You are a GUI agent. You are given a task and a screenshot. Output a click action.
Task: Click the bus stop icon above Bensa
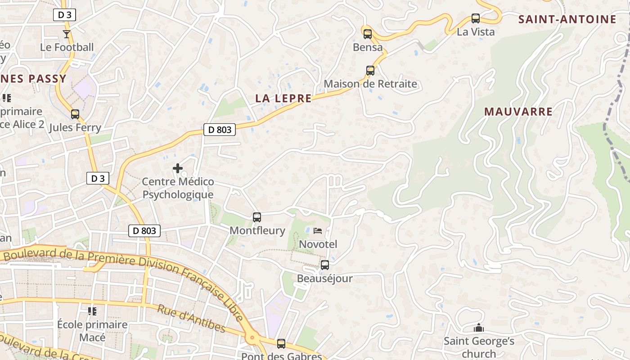(368, 34)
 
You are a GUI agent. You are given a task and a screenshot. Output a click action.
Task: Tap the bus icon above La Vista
(476, 18)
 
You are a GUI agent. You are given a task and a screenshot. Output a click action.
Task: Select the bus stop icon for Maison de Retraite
(370, 71)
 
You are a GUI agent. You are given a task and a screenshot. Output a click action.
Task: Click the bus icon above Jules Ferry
(75, 114)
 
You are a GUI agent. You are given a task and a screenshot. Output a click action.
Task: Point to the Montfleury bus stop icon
(257, 217)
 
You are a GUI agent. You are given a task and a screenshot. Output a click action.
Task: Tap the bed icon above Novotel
(318, 231)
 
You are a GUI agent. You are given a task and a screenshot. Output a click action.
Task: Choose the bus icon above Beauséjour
(325, 265)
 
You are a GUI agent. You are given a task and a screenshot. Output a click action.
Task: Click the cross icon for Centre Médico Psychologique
(178, 169)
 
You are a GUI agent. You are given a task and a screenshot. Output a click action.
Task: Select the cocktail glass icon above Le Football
(67, 34)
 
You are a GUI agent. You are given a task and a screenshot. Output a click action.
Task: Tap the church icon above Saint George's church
(479, 328)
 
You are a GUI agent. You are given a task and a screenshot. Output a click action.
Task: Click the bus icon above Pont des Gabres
(281, 344)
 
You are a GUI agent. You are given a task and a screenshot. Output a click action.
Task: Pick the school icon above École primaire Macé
(92, 311)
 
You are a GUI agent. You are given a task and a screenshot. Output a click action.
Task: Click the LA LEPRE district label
(283, 99)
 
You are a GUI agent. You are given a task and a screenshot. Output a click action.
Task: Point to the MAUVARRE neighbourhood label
(518, 112)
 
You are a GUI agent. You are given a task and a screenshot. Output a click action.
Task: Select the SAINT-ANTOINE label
(567, 19)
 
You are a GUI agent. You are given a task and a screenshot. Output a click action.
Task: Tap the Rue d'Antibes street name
(191, 318)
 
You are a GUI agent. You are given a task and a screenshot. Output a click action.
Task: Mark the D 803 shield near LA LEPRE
(220, 130)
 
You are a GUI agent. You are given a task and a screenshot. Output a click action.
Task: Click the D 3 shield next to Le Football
(65, 15)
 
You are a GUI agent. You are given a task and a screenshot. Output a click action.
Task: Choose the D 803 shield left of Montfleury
(144, 231)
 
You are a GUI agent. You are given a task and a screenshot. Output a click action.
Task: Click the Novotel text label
(318, 244)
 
